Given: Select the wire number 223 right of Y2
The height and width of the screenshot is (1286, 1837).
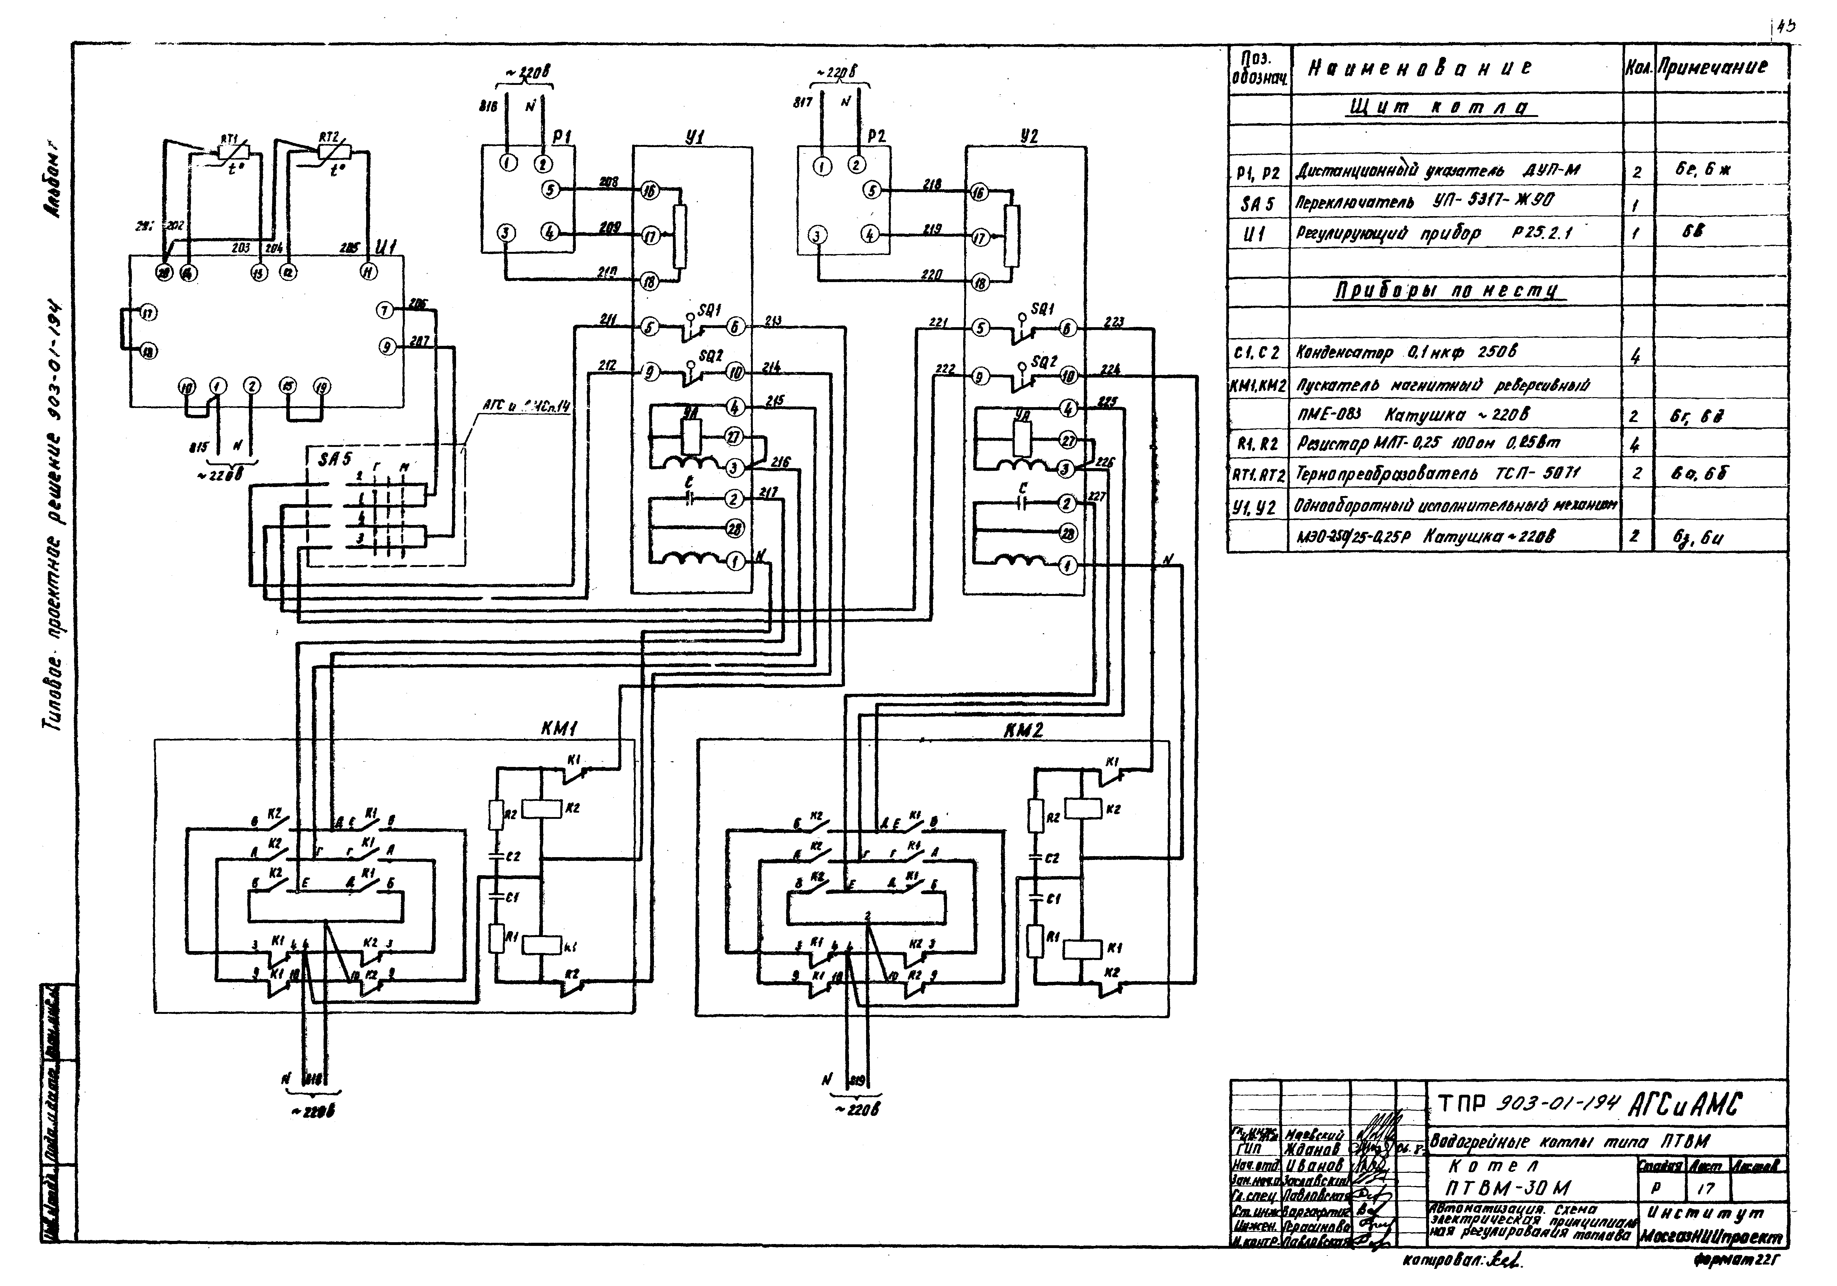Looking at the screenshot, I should click(1114, 322).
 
